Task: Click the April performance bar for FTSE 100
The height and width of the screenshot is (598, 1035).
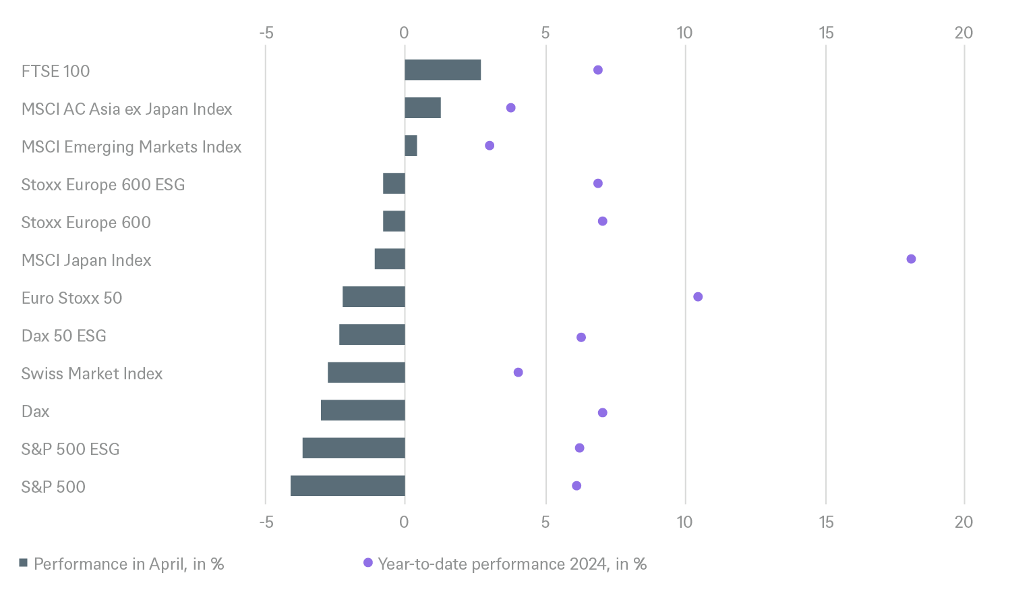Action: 443,70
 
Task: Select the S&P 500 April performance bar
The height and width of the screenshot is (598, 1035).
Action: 348,486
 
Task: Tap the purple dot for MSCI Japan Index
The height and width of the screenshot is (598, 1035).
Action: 911,259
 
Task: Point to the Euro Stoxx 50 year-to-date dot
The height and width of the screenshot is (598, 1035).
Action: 698,297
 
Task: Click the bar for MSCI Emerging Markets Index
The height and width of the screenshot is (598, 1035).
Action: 411,146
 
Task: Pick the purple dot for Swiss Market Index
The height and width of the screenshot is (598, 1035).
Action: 518,373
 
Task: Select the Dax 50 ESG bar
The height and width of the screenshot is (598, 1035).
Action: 372,335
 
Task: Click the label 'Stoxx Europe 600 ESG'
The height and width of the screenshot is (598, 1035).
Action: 103,185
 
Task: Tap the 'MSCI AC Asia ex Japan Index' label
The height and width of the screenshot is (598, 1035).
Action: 127,109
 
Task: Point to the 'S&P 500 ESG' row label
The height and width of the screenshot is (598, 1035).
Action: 70,450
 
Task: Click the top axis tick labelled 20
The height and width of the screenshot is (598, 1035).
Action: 964,32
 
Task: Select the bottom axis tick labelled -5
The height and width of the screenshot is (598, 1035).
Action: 266,522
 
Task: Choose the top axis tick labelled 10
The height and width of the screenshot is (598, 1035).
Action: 684,32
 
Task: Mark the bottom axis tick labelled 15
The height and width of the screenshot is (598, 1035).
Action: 825,522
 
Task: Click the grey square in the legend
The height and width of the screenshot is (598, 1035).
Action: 24,564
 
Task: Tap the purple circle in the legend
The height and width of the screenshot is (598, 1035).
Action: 367,563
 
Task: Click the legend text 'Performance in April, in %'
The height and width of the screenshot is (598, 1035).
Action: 129,564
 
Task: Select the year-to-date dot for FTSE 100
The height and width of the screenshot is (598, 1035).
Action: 597,70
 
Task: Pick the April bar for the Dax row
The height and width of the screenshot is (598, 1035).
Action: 363,410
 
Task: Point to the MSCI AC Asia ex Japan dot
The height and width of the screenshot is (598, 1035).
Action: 510,108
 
